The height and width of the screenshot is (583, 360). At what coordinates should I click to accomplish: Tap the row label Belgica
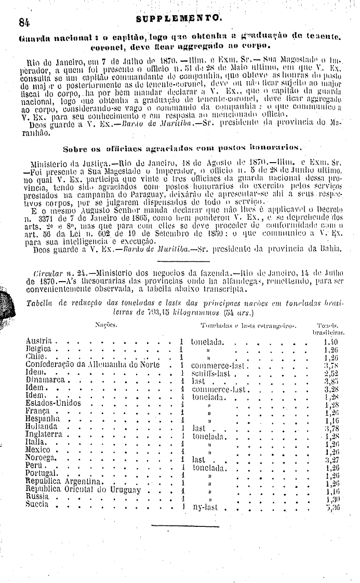(x=38, y=350)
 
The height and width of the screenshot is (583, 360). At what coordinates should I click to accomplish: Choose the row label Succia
(x=36, y=505)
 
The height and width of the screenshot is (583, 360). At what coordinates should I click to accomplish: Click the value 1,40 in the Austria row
(x=330, y=342)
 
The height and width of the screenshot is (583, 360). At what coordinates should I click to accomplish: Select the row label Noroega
(x=41, y=459)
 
